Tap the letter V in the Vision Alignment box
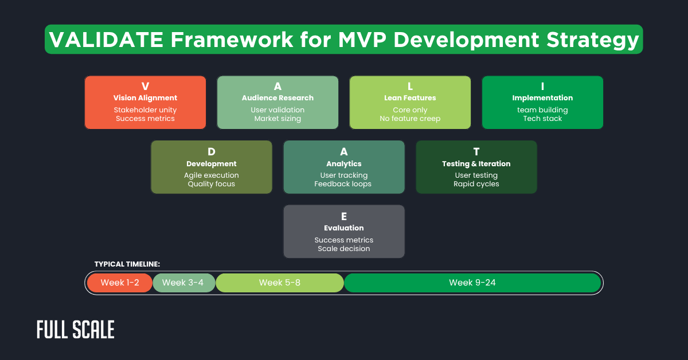point(145,87)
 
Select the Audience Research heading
point(277,98)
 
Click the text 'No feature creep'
point(410,119)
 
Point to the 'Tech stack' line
point(542,119)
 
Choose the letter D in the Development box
point(211,151)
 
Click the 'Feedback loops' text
point(343,184)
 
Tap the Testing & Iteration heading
point(476,164)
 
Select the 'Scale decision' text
point(343,249)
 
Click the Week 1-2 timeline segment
point(119,283)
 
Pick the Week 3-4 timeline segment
point(183,283)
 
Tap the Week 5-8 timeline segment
point(279,283)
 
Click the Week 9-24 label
point(472,283)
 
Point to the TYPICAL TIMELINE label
point(127,264)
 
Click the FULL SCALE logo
point(76,330)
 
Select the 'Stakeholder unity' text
point(145,109)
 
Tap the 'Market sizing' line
point(277,119)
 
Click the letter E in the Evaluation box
point(343,216)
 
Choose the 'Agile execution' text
point(211,175)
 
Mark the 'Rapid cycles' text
point(476,184)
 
